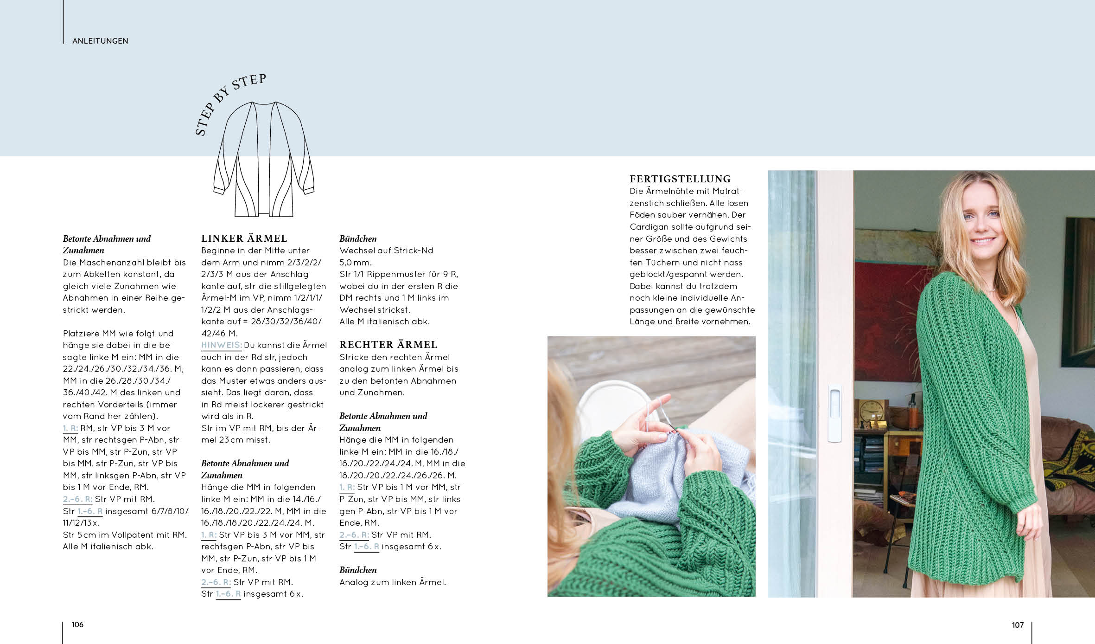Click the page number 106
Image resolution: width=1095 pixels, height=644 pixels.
[x=77, y=625]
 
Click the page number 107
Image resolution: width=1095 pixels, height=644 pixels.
[x=1017, y=625]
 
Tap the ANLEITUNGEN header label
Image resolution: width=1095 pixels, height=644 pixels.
[x=100, y=41]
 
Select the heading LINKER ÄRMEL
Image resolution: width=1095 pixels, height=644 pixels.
[x=244, y=238]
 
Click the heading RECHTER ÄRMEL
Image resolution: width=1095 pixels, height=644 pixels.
[x=388, y=345]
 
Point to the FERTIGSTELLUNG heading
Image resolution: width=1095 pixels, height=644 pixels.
[x=680, y=179]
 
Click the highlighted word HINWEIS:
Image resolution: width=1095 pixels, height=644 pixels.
[x=221, y=345]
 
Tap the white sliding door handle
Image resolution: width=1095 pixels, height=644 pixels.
[x=834, y=413]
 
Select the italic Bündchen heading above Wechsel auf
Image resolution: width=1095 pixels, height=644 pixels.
[x=358, y=238]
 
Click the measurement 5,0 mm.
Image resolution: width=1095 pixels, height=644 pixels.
[x=356, y=262]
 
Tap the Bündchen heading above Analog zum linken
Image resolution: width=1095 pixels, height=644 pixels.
[x=358, y=570]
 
